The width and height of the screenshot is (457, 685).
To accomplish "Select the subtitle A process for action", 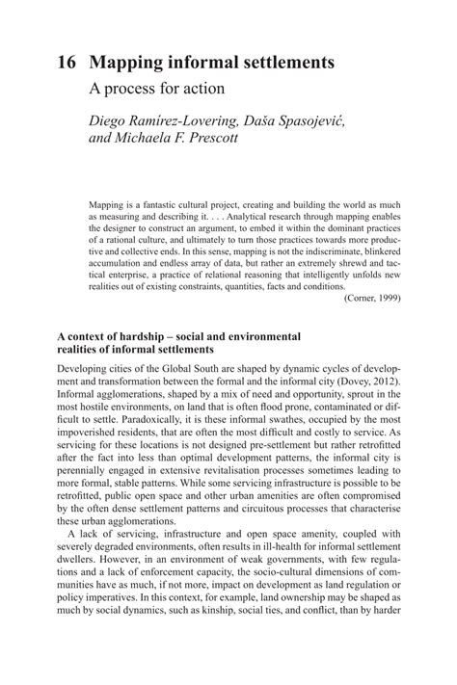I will click(156, 90).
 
